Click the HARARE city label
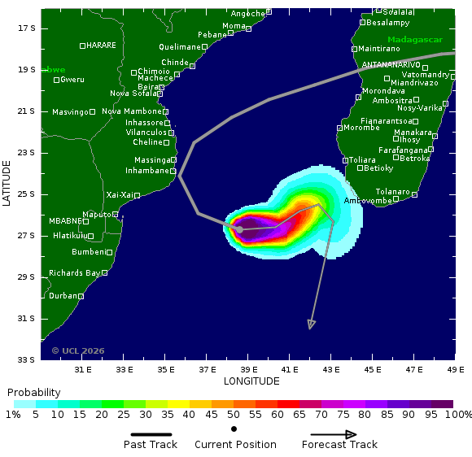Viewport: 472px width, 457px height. [101, 46]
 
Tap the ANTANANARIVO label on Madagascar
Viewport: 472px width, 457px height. [391, 64]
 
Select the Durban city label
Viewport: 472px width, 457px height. [63, 296]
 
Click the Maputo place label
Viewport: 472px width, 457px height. [97, 215]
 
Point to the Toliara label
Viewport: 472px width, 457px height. [363, 160]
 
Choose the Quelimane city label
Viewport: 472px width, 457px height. [179, 47]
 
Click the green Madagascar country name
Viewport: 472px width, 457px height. [415, 40]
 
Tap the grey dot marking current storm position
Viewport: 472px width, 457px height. [239, 229]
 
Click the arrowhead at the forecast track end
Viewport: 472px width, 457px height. [311, 325]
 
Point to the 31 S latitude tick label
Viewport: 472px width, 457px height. [27, 318]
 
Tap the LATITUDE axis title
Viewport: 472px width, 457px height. [7, 183]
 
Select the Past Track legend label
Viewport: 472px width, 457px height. [151, 444]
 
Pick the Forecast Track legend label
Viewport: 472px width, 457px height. [339, 444]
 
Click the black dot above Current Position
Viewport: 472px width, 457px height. [234, 429]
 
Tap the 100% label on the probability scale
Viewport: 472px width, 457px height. [458, 415]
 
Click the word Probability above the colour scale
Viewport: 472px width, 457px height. [34, 392]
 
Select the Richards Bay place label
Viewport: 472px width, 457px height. [74, 273]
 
